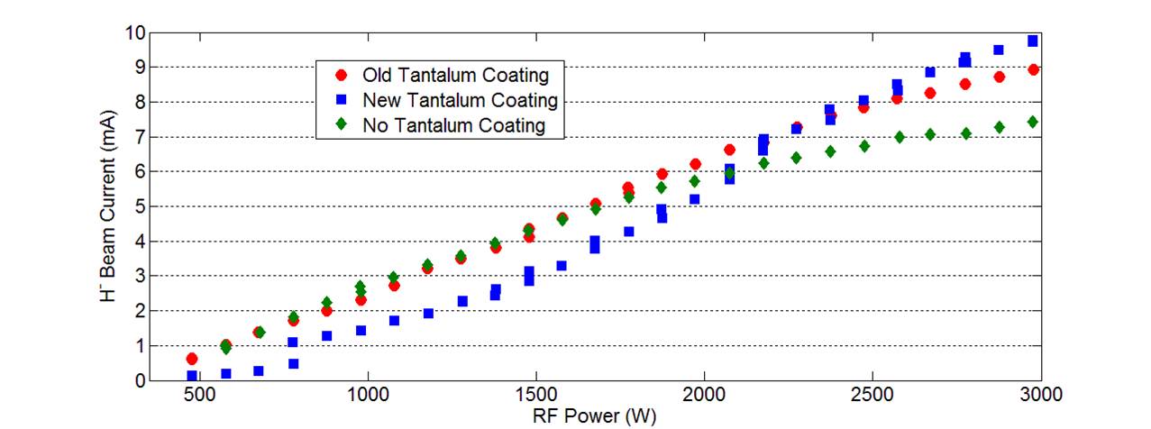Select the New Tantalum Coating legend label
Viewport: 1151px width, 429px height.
pos(460,99)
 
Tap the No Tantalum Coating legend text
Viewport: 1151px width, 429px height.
pos(454,125)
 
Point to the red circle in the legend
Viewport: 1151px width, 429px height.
pos(339,74)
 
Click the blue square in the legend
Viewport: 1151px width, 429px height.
pos(339,99)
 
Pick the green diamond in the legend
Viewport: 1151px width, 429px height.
pos(339,125)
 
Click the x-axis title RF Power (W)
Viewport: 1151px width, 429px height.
pos(594,415)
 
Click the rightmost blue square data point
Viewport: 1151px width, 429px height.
pos(1033,41)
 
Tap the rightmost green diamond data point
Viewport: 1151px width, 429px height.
pos(1033,122)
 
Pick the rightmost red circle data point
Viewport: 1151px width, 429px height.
pos(1033,70)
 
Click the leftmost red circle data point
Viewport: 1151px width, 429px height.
pos(192,359)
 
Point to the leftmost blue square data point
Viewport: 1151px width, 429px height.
pos(192,376)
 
